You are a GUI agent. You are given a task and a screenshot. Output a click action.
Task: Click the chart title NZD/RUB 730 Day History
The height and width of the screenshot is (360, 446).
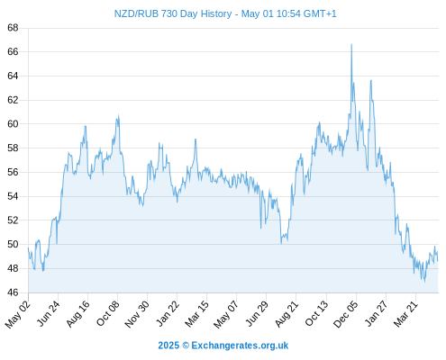coord(173,13)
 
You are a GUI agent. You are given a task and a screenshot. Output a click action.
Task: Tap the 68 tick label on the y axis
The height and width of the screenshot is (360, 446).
coord(13,28)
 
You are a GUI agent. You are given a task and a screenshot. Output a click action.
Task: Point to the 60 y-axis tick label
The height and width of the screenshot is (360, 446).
coord(13,123)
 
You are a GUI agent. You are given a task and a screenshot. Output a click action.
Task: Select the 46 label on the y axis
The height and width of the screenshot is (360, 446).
coord(13,292)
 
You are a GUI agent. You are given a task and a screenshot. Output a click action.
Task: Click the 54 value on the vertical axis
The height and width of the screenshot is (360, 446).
coord(13,196)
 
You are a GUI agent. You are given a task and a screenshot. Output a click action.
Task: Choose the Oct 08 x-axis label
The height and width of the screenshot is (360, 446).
coord(108,313)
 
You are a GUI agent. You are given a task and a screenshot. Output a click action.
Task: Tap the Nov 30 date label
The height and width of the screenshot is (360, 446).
coord(137,314)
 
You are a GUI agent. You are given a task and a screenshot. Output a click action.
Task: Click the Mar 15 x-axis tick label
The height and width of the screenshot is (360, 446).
coord(196,314)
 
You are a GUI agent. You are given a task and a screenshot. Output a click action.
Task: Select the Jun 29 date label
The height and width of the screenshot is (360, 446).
coord(256,313)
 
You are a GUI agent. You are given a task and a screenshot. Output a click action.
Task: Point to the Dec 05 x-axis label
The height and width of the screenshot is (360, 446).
coord(346,314)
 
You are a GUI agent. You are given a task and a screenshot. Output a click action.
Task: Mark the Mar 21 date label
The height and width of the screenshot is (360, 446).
coord(405,314)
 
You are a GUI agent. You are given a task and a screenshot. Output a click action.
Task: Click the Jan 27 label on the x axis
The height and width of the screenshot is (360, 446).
coord(376,313)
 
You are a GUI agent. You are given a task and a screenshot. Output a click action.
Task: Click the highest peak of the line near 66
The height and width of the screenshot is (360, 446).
coord(351,44)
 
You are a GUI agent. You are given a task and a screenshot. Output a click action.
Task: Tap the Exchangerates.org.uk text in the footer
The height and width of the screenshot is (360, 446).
coord(240,346)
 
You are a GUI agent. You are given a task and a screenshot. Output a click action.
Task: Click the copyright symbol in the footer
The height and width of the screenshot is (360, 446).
coord(186,346)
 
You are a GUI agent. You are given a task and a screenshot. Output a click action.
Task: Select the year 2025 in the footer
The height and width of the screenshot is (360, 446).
coord(168,346)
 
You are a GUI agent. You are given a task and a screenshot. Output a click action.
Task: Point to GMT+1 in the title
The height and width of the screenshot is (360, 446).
coord(320,13)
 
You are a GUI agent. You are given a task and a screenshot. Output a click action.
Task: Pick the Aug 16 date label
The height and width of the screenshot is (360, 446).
coord(77,314)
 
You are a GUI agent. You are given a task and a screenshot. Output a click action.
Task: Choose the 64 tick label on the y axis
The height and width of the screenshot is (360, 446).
coord(13,76)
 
